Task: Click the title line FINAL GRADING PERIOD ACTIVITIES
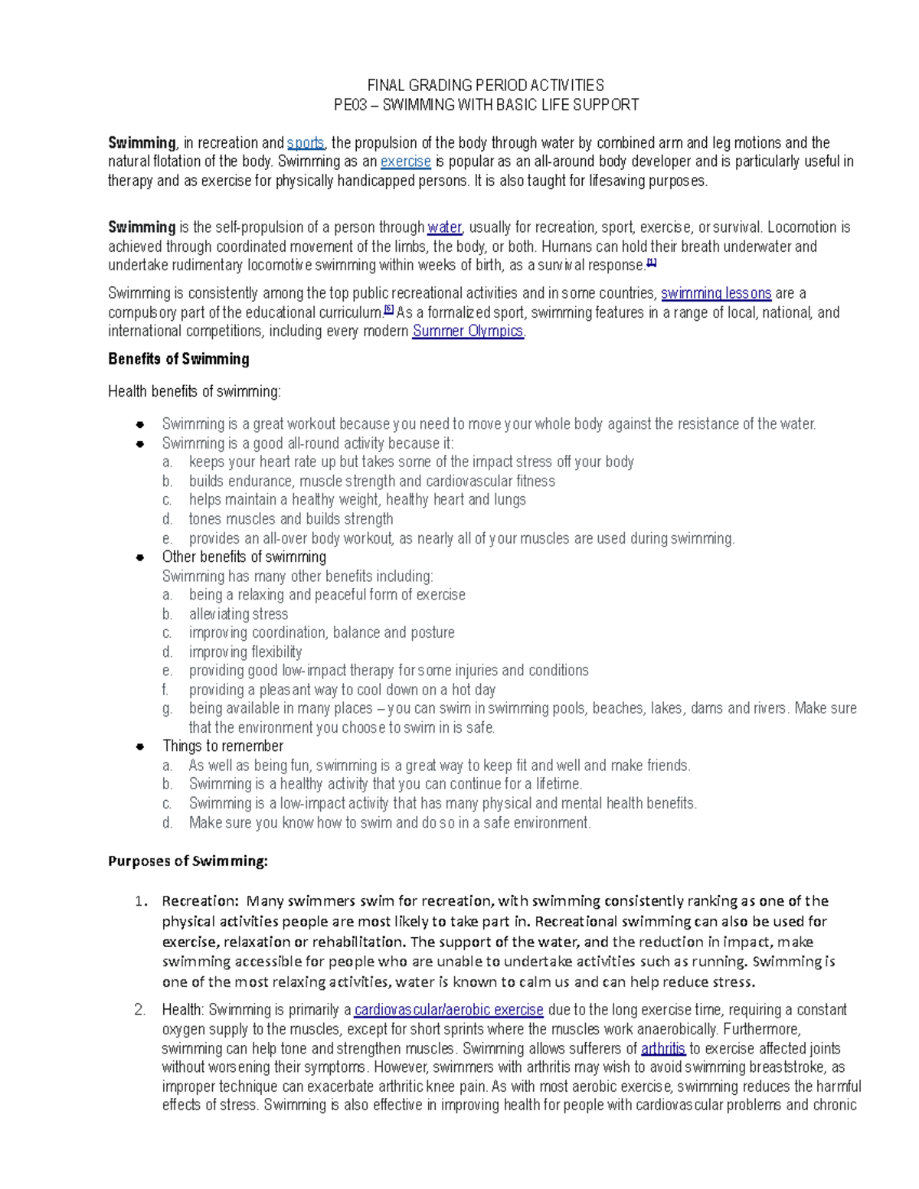pyautogui.click(x=486, y=85)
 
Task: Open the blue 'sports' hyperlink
pyautogui.click(x=306, y=143)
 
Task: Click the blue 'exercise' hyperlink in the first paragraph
pyautogui.click(x=405, y=162)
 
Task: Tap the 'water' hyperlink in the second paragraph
pyautogui.click(x=444, y=227)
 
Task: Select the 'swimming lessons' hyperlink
pyautogui.click(x=715, y=293)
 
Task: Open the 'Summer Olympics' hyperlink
pyautogui.click(x=468, y=332)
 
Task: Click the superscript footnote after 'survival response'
pyautogui.click(x=652, y=263)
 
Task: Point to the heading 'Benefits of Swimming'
pyautogui.click(x=178, y=359)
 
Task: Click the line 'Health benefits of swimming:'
pyautogui.click(x=195, y=392)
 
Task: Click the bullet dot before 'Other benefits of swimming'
pyautogui.click(x=140, y=557)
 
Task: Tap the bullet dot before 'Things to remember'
pyautogui.click(x=140, y=746)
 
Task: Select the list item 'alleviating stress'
pyautogui.click(x=238, y=614)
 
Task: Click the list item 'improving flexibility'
pyautogui.click(x=245, y=652)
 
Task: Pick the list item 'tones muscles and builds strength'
pyautogui.click(x=291, y=519)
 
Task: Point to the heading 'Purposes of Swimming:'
pyautogui.click(x=188, y=861)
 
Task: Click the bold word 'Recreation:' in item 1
pyautogui.click(x=200, y=901)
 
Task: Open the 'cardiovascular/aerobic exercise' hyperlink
pyautogui.click(x=448, y=1010)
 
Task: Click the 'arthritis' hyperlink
pyautogui.click(x=662, y=1049)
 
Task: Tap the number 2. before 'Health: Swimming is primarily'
pyautogui.click(x=139, y=1010)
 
